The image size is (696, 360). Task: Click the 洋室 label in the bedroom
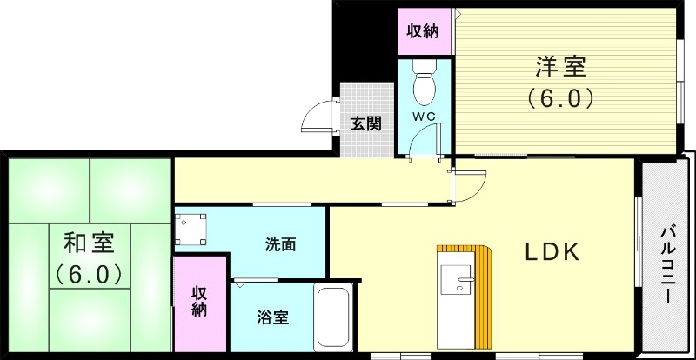click(x=559, y=67)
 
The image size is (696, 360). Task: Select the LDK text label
click(x=551, y=252)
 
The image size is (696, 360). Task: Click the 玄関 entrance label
click(x=365, y=123)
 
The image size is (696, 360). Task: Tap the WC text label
click(x=423, y=117)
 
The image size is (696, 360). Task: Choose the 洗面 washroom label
click(x=281, y=244)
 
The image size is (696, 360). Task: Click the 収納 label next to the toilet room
click(x=424, y=32)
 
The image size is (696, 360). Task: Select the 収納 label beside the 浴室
click(x=199, y=299)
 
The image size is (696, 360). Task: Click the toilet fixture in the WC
click(x=424, y=83)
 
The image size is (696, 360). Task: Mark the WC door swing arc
click(x=425, y=139)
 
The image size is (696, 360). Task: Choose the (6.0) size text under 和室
click(x=87, y=275)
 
